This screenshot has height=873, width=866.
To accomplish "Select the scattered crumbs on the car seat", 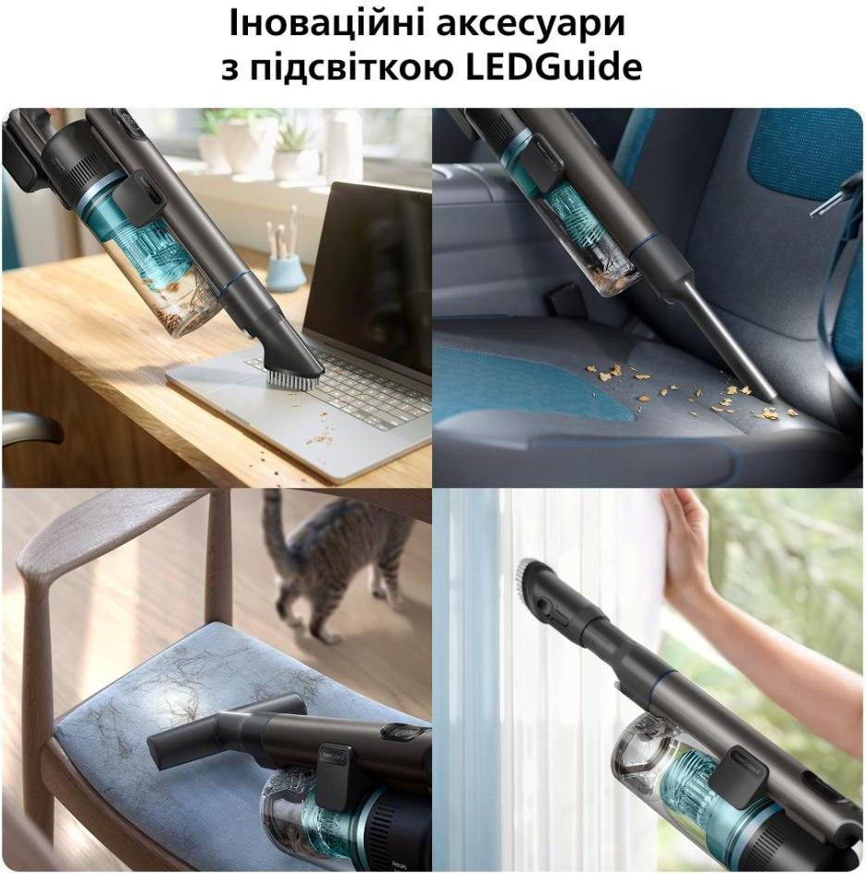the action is coord(690,389).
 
